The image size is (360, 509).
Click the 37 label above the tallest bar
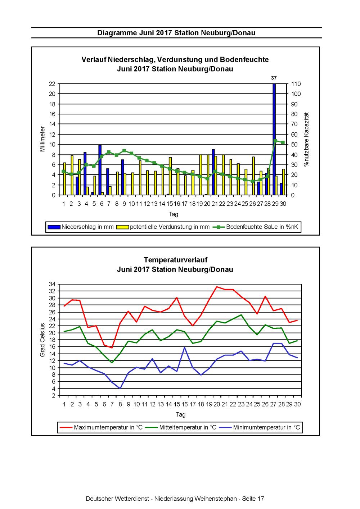[274, 78]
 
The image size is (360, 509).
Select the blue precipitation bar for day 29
[274, 139]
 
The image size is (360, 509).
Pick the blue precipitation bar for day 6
[100, 170]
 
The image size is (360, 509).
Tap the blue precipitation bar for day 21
[213, 172]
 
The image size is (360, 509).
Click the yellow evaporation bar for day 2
[72, 175]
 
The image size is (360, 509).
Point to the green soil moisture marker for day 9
[124, 151]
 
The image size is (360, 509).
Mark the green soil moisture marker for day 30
[283, 142]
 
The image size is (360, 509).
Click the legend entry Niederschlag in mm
[81, 227]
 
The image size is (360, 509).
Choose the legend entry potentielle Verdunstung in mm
[163, 227]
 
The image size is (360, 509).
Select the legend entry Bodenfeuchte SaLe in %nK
[255, 227]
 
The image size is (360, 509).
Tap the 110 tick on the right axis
[296, 84]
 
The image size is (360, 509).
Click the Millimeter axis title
[42, 139]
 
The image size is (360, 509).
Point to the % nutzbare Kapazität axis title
[306, 139]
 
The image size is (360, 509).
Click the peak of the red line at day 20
[217, 287]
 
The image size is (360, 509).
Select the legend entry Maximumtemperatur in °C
[101, 427]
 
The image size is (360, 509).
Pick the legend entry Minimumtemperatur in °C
[260, 427]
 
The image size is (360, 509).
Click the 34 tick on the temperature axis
[52, 284]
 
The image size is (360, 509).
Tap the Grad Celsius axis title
[42, 340]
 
